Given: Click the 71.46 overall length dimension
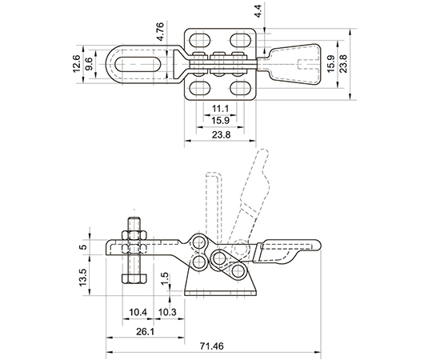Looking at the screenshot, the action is pos(211,346).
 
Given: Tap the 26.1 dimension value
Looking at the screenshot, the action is pos(145,332).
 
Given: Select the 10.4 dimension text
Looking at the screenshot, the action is pos(138,312).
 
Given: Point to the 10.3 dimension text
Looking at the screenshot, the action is pos(167,312).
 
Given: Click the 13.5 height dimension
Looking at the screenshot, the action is pos(83,277).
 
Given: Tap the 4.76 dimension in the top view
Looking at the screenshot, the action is pos(160,32).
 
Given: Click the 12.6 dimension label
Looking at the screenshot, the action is pos(76,64).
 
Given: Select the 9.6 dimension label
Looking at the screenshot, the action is pos(89,64).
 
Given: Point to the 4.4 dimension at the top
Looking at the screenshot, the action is pos(258,11).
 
